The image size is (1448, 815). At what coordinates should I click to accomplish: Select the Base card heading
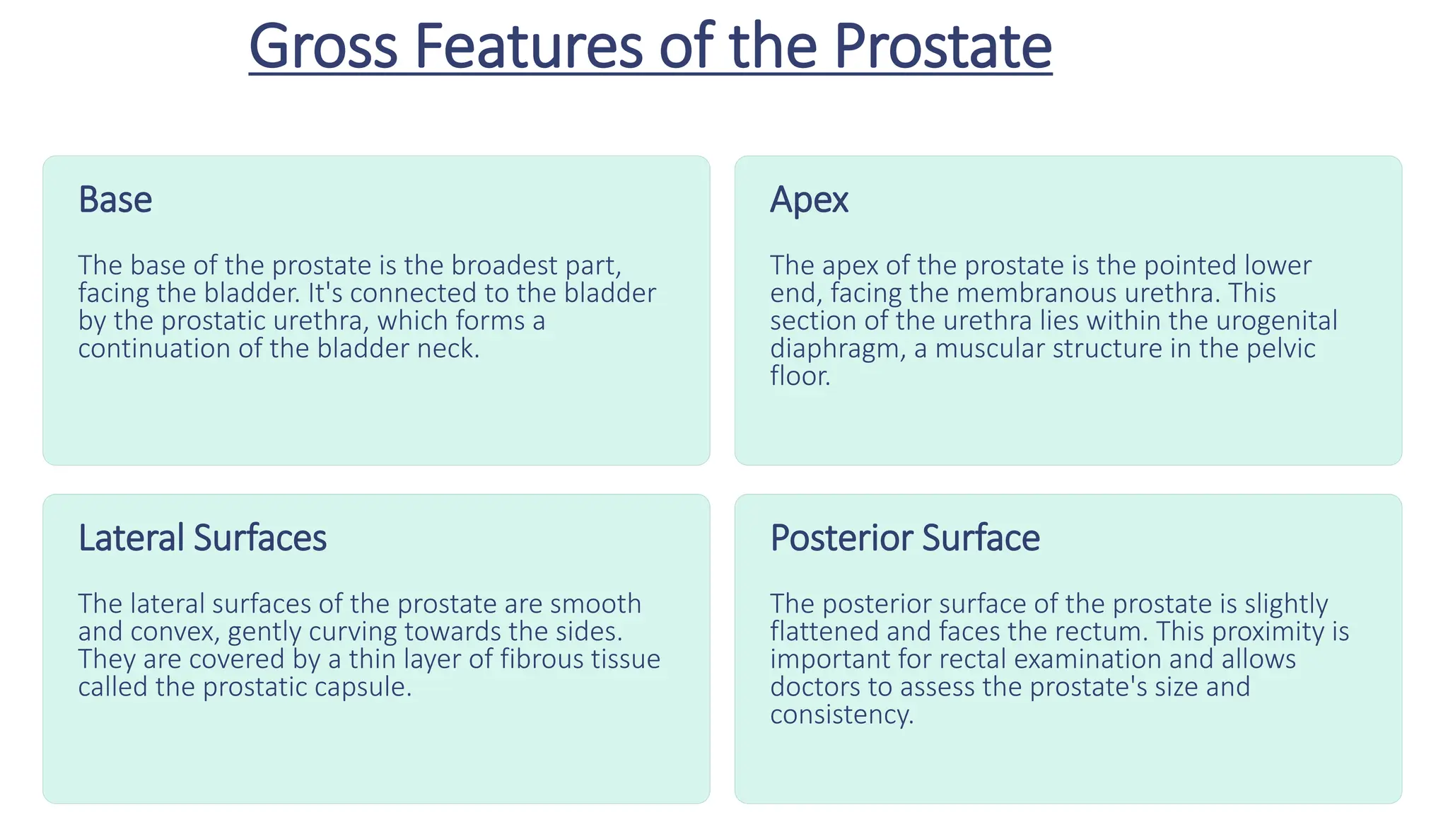(115, 200)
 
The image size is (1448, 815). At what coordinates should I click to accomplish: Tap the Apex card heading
(809, 200)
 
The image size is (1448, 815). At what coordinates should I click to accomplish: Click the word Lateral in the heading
(131, 538)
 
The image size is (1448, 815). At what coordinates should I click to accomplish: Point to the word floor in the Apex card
(799, 376)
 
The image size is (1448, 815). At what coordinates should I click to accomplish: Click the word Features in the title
(528, 47)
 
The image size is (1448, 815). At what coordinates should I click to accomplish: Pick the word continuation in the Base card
(153, 349)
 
